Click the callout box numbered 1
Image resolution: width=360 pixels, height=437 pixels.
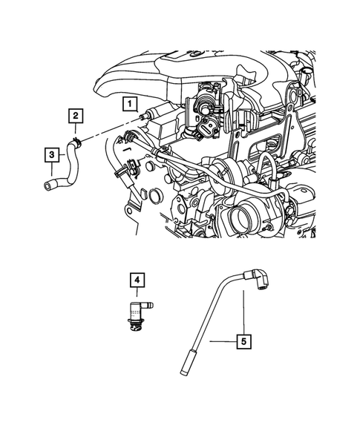click(x=130, y=103)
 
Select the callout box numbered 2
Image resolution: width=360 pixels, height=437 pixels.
click(x=76, y=115)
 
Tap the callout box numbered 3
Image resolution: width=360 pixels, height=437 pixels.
click(x=51, y=154)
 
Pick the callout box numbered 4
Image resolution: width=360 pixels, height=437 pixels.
click(x=137, y=280)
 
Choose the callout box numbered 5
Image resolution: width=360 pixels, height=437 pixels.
click(x=243, y=342)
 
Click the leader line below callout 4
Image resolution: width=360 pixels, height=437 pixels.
click(x=137, y=294)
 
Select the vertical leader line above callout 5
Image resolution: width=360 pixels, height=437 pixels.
click(x=243, y=315)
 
